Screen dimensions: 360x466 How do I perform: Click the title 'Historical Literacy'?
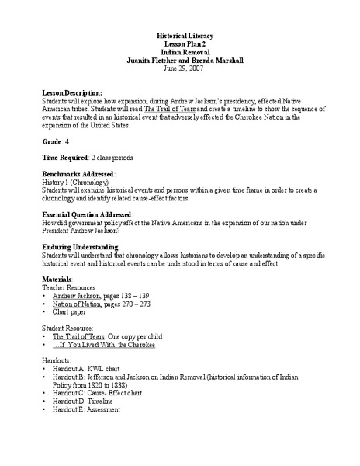click(180, 36)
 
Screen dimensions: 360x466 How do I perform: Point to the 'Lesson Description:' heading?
click(71, 92)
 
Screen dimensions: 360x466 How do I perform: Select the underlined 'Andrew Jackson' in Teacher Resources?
click(76, 296)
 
